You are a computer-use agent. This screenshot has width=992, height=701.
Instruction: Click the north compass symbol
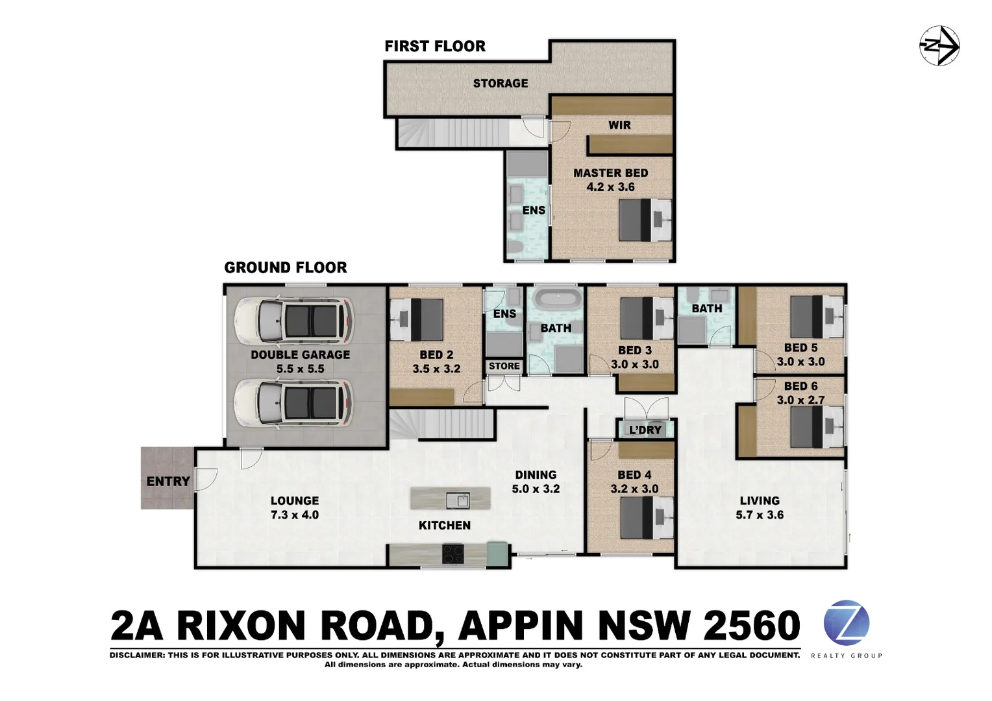click(939, 46)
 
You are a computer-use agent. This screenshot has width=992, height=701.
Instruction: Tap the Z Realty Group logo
click(846, 623)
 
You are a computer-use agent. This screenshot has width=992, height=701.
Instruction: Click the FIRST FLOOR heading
click(435, 46)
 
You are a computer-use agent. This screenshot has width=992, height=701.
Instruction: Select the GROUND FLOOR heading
click(285, 267)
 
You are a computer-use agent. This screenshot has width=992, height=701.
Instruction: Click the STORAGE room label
click(500, 83)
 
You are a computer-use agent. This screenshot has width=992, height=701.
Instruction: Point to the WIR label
click(619, 125)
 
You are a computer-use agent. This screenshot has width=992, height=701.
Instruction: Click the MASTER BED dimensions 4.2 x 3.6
click(610, 187)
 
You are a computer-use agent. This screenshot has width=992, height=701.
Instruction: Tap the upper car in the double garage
click(294, 321)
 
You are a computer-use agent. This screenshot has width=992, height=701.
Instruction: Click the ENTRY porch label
click(167, 481)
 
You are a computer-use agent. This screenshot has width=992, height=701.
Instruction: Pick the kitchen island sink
click(458, 500)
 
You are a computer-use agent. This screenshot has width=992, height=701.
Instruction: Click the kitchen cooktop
click(453, 554)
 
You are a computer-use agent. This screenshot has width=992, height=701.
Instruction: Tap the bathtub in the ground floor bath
click(555, 302)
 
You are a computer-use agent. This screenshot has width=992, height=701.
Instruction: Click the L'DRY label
click(645, 430)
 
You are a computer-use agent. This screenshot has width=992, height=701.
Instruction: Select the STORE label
click(504, 366)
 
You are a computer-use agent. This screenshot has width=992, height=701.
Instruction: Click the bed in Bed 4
click(646, 518)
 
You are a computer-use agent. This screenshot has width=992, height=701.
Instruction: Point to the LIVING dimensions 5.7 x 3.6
click(759, 515)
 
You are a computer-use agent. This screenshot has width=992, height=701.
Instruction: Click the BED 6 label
click(800, 386)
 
